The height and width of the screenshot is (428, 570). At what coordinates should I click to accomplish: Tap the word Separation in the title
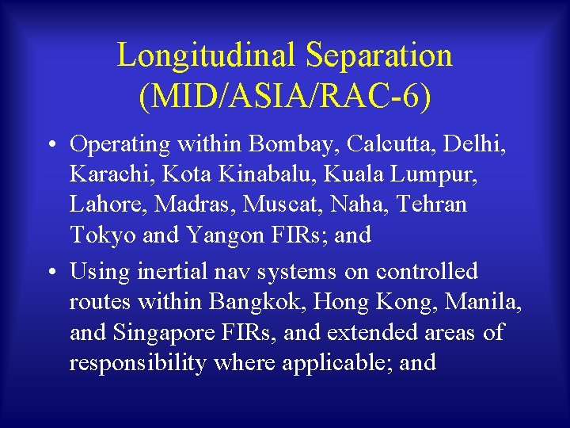(x=379, y=55)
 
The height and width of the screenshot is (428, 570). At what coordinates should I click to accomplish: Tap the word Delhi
(x=477, y=144)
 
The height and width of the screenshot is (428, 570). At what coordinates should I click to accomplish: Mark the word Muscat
(x=279, y=204)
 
